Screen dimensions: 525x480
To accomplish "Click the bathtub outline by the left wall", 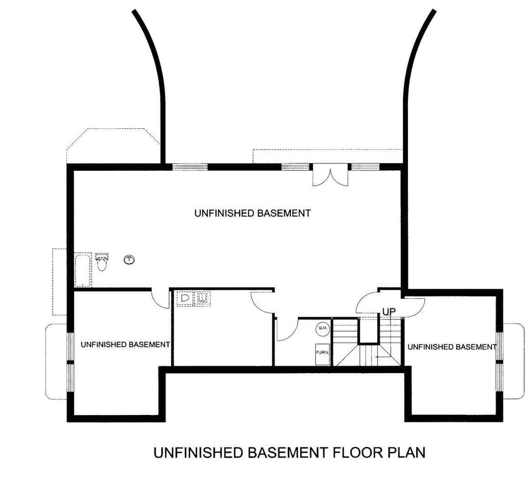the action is [x=83, y=271].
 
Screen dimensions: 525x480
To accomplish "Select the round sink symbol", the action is [x=129, y=259].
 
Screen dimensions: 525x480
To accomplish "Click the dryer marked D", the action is [x=185, y=298].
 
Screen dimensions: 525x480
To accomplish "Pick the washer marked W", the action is [x=202, y=298].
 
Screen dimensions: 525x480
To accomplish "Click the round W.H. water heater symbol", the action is [x=323, y=329].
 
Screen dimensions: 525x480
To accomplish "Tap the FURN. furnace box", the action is [x=323, y=354].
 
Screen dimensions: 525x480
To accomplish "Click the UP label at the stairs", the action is [x=389, y=312].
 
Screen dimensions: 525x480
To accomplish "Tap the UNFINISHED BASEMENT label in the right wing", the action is [x=452, y=347].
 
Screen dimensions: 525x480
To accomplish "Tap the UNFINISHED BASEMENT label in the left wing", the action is [x=125, y=344].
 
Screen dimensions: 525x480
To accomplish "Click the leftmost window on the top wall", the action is [x=190, y=167].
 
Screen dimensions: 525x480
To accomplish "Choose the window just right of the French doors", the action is [x=365, y=167].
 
